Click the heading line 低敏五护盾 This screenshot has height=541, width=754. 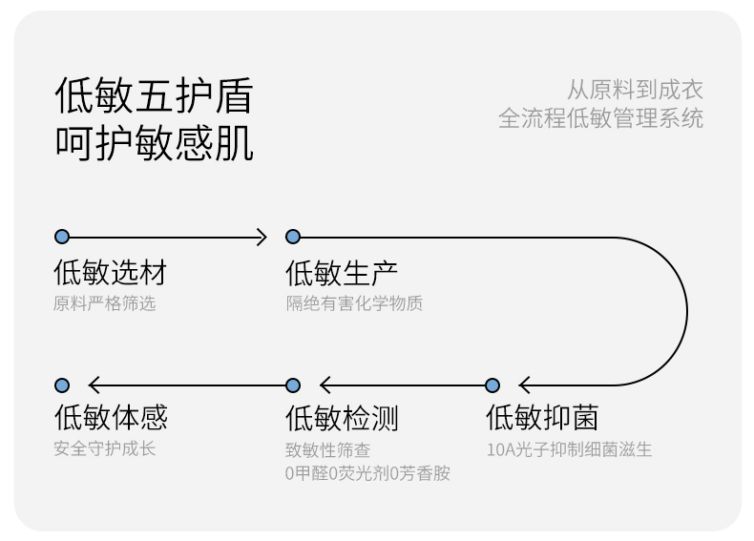pyautogui.click(x=153, y=97)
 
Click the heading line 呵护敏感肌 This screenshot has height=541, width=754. pyautogui.click(x=153, y=143)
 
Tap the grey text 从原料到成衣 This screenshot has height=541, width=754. pyautogui.click(x=635, y=91)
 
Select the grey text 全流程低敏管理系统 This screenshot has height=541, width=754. pyautogui.click(x=600, y=118)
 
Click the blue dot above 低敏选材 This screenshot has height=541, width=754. pyautogui.click(x=62, y=237)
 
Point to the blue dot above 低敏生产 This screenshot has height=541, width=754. pyautogui.click(x=293, y=237)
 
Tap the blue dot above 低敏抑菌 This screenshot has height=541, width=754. pyautogui.click(x=492, y=385)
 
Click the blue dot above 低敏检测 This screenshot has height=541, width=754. pyautogui.click(x=293, y=385)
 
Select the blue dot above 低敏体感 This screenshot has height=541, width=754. pyautogui.click(x=62, y=385)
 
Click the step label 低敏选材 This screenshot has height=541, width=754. pyautogui.click(x=110, y=273)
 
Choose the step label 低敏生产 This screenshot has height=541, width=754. pyautogui.click(x=342, y=273)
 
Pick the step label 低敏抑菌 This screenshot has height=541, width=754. pyautogui.click(x=541, y=418)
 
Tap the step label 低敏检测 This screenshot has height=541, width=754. pyautogui.click(x=342, y=418)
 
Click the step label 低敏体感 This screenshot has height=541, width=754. pyautogui.click(x=110, y=418)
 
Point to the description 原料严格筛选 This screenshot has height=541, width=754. pyautogui.click(x=104, y=303)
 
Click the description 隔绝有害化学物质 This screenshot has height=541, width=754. pyautogui.click(x=354, y=303)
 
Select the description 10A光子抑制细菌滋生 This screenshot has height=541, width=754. pyautogui.click(x=569, y=448)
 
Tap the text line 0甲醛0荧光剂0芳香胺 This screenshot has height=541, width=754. pyautogui.click(x=367, y=473)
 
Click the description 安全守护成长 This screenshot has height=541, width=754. pyautogui.click(x=104, y=448)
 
